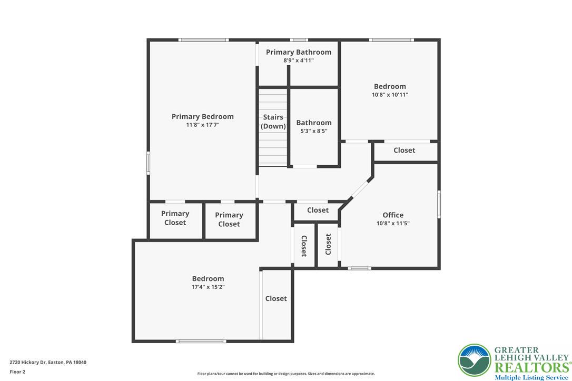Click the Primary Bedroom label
[x=202, y=117]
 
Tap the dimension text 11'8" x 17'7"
[x=202, y=125]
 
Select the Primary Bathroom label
[x=299, y=52]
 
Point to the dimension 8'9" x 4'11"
[x=299, y=61]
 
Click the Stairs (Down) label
[x=273, y=122]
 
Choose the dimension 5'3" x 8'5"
[x=314, y=131]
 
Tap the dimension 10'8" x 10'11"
[x=390, y=95]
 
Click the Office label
[x=393, y=215]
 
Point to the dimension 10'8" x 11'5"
[x=393, y=224]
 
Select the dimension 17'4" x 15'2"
[x=208, y=287]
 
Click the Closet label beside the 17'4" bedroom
[x=276, y=298]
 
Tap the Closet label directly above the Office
[x=404, y=150]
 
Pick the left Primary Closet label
[x=175, y=218]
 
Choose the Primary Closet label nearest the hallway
[x=229, y=219]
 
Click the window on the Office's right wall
[x=439, y=204]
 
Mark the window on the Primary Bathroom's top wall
[x=299, y=40]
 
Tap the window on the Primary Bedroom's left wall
[x=148, y=163]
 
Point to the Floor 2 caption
[x=17, y=372]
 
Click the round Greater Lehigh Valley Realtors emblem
[x=474, y=360]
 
